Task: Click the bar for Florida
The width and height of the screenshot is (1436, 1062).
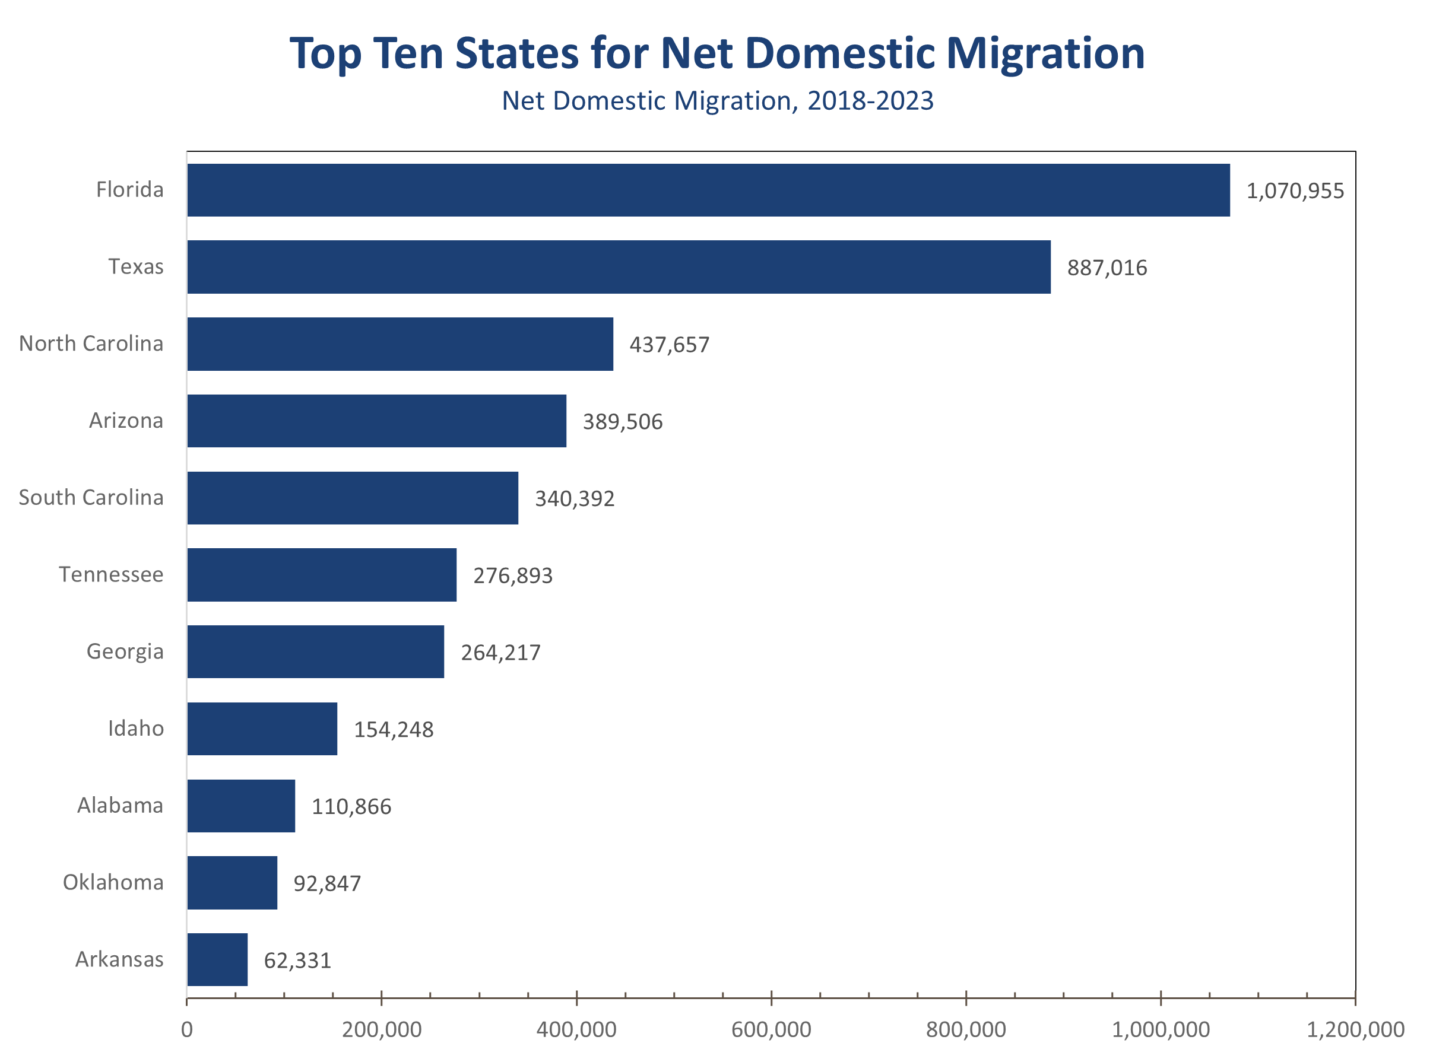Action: click(708, 190)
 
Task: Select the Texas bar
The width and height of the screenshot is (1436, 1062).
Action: click(619, 267)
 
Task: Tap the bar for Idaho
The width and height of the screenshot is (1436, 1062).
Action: click(262, 729)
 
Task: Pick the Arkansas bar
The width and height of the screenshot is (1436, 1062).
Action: click(217, 959)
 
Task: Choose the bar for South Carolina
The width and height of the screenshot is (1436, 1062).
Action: click(353, 498)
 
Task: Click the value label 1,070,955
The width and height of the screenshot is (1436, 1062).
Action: click(1295, 191)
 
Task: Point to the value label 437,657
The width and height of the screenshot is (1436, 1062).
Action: click(669, 345)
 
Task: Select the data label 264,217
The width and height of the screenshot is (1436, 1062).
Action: click(500, 653)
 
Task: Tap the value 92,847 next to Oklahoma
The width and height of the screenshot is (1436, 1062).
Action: click(326, 883)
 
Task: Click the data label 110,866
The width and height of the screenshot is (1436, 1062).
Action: click(351, 806)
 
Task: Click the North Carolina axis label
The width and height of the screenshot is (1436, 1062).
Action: click(91, 344)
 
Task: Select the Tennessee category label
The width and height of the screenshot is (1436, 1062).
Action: click(110, 574)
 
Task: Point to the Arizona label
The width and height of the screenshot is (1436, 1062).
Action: click(125, 421)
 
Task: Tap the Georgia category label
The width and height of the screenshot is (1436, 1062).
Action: click(125, 651)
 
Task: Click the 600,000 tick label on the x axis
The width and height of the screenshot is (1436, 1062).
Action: click(771, 1029)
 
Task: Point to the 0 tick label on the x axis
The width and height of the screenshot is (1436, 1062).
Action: click(186, 1029)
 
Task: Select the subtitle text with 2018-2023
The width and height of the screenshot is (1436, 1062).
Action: click(717, 101)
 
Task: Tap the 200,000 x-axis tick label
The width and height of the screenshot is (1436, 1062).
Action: click(381, 1029)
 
